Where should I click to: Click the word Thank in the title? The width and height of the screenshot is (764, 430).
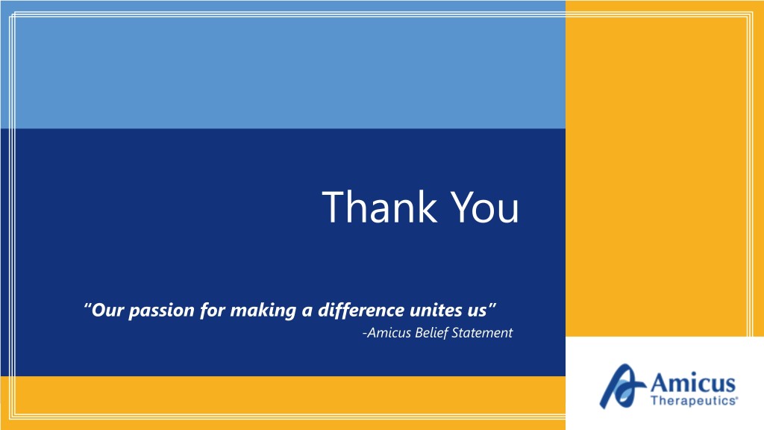pyautogui.click(x=379, y=207)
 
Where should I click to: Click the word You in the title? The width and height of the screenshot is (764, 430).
pyautogui.click(x=484, y=208)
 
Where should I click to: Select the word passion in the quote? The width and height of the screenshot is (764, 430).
pyautogui.click(x=161, y=311)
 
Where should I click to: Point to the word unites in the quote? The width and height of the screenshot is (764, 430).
pyautogui.click(x=433, y=310)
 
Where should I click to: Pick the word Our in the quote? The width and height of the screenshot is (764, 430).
pyautogui.click(x=107, y=310)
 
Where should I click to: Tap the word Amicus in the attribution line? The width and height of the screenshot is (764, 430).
pyautogui.click(x=388, y=332)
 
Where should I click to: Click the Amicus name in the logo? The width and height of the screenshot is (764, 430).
pyautogui.click(x=693, y=382)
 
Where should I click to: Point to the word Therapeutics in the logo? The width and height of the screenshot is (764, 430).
pyautogui.click(x=694, y=401)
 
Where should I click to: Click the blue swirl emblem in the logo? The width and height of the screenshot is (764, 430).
pyautogui.click(x=621, y=386)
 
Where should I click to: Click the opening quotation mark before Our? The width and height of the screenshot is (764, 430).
pyautogui.click(x=88, y=306)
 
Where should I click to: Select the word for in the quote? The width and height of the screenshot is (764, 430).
pyautogui.click(x=212, y=311)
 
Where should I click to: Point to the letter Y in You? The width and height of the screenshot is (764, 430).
pyautogui.click(x=460, y=208)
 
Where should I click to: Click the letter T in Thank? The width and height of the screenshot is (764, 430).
pyautogui.click(x=334, y=208)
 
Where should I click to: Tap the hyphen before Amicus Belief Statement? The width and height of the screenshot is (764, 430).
pyautogui.click(x=364, y=334)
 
